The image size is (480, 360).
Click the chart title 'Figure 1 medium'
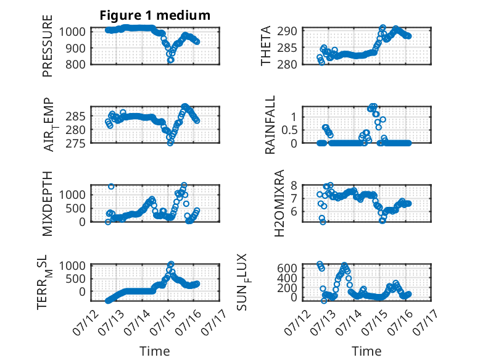coord(155,15)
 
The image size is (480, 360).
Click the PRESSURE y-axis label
coord(48,46)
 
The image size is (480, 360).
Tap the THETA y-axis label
coord(266,46)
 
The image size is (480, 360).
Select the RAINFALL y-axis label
coord(270,125)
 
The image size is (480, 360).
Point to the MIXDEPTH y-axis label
coord(48,203)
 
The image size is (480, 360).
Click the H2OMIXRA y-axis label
coord(279,203)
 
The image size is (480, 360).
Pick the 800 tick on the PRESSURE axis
coord(76,64)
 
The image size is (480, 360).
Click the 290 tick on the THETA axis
coord(287,31)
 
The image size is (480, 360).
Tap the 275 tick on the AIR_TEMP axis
coord(76,143)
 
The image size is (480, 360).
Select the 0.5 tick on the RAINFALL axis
coord(289,130)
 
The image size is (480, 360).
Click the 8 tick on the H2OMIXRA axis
coord(294,185)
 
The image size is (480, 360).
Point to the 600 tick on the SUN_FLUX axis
coord(287,268)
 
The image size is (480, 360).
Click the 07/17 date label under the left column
coord(213,322)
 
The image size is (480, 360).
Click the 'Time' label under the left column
coord(155,351)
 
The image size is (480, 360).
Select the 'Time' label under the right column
coord(366,351)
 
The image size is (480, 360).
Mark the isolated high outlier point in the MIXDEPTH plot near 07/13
coord(111,186)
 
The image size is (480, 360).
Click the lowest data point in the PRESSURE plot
coord(170,60)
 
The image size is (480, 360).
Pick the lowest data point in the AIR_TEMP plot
coord(170,143)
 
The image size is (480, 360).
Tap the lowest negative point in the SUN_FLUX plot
coord(324,301)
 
